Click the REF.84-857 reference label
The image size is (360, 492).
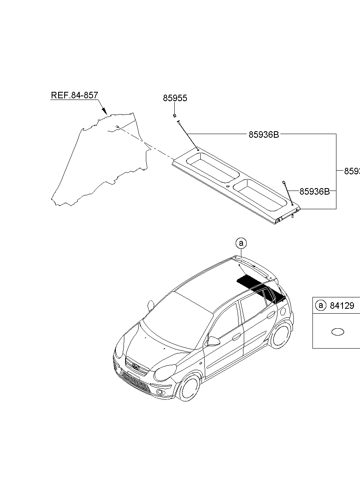tap(74, 95)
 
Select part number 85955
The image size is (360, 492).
tap(175, 98)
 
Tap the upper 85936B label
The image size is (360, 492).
tap(264, 134)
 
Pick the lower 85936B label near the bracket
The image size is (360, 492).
tap(314, 191)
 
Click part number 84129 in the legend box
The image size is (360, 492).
tap(342, 306)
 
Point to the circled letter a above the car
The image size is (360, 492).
tap(241, 243)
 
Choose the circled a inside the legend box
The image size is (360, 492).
tap(321, 306)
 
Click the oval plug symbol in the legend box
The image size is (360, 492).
tap(338, 332)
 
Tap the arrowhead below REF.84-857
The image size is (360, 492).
tap(104, 110)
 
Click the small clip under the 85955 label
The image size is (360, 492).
tap(174, 116)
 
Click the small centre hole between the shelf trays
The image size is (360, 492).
tap(228, 186)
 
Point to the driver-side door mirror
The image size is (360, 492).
tap(213, 341)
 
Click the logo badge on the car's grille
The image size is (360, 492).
tap(135, 368)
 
